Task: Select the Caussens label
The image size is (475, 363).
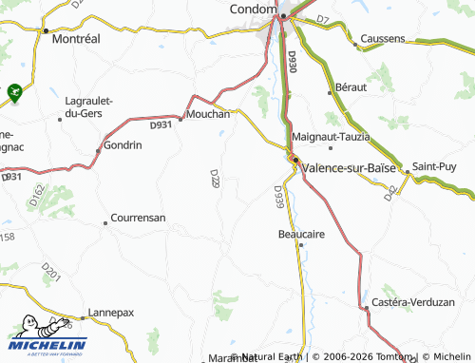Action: pos(382,39)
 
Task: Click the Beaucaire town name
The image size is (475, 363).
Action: pos(302,233)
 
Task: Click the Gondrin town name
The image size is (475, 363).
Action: pos(123,145)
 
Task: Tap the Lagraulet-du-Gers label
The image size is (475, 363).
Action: pos(87,107)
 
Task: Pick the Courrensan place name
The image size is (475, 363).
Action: pos(138,218)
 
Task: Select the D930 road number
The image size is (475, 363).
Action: pos(291,64)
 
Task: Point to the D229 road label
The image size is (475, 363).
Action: pos(215,178)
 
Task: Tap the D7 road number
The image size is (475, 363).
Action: pos(322,19)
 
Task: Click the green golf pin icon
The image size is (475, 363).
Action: pos(14,92)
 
